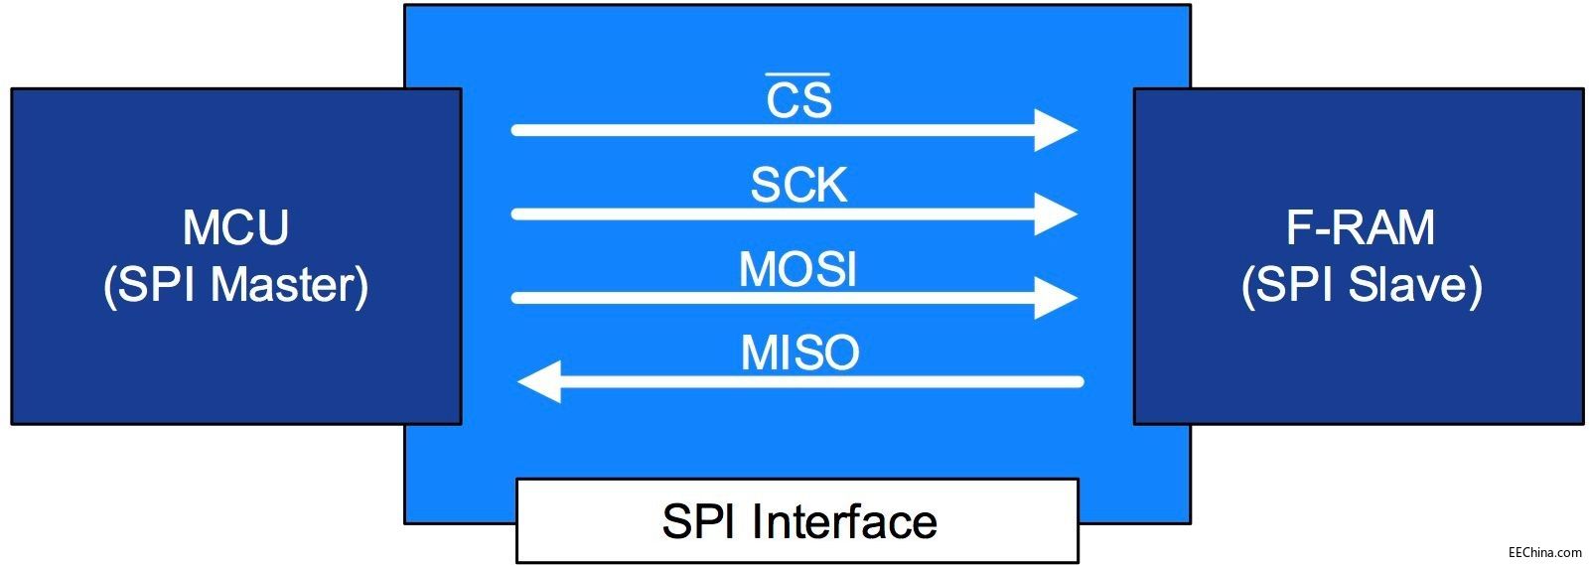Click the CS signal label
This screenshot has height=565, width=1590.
798,100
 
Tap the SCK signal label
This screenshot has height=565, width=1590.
798,185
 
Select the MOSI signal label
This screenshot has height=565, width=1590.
797,269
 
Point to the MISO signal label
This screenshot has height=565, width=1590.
799,353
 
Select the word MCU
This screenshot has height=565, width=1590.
235,227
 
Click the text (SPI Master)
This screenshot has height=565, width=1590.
235,285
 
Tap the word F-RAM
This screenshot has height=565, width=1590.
1360,227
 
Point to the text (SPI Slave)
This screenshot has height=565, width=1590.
1361,285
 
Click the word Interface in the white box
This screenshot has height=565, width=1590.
844,521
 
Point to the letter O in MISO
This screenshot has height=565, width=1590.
840,353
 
